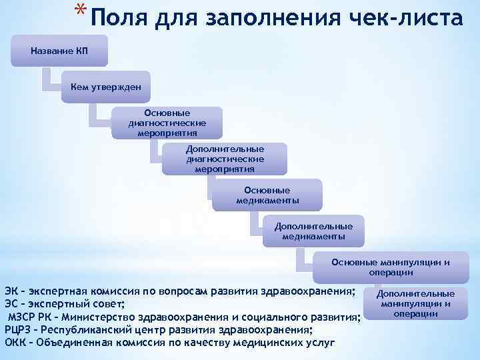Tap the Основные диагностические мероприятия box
point(167,123)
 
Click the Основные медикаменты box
point(267,195)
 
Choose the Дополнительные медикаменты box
point(313,231)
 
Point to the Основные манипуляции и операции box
point(390,267)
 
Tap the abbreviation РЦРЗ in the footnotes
point(19,329)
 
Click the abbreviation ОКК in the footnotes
point(15,342)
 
